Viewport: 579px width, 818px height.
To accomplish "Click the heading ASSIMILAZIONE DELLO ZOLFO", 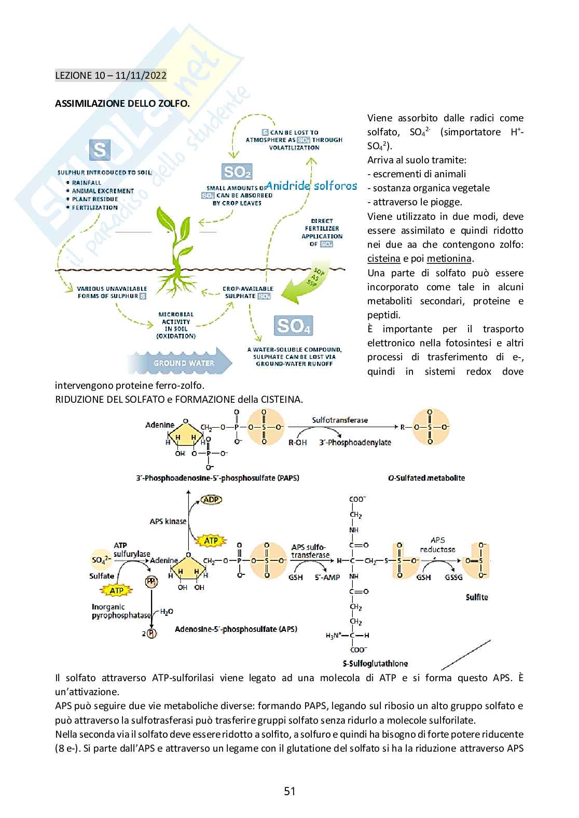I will (122, 103).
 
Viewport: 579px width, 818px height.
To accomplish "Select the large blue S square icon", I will (100, 150).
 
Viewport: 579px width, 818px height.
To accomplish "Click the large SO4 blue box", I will (293, 326).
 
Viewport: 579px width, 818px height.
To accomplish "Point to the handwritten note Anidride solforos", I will (311, 186).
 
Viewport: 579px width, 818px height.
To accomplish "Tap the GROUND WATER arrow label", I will (183, 363).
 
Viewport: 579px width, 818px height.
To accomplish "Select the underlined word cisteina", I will (383, 259).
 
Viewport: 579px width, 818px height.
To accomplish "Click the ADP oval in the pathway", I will (211, 500).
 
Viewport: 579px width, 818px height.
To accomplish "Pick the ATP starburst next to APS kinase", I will (211, 541).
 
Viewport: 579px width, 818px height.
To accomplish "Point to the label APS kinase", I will (168, 521).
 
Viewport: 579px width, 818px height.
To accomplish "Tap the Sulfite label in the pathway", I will (476, 597).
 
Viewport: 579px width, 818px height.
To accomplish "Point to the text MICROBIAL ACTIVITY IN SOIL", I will (176, 325).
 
